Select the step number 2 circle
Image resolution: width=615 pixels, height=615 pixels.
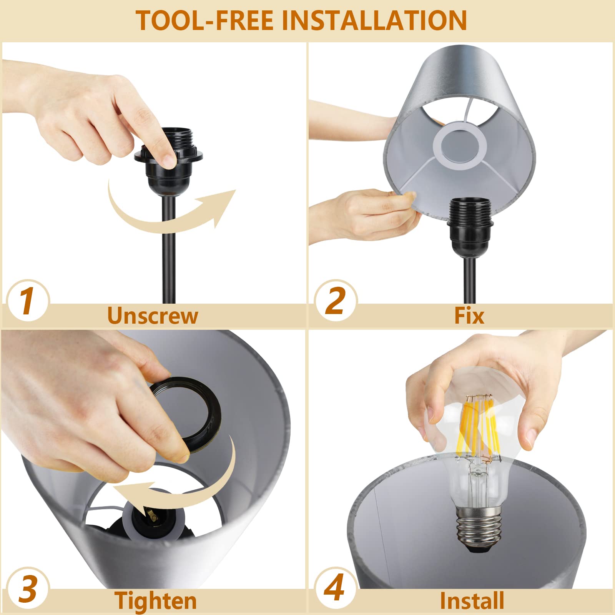tap(335, 301)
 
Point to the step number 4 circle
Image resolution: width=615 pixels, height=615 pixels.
tap(335, 588)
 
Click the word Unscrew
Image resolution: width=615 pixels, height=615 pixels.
tap(153, 316)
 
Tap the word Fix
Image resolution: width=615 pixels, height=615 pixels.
tap(469, 316)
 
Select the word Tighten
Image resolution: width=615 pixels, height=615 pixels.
tap(156, 600)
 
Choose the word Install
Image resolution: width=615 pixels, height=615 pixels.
tap(472, 600)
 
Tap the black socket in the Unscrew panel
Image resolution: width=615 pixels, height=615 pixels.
tap(168, 163)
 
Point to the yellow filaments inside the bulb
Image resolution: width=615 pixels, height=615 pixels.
tap(477, 423)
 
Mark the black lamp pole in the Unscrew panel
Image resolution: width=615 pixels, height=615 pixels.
tap(169, 250)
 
